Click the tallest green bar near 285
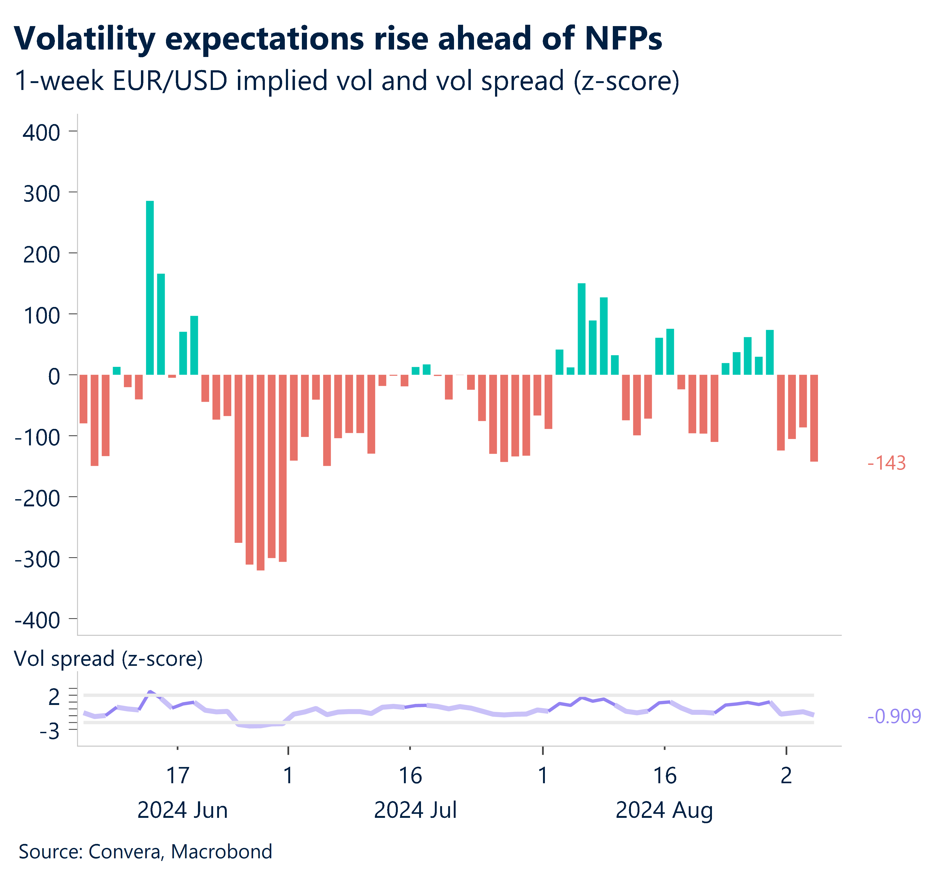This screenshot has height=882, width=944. (149, 288)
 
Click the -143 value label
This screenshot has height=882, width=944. (886, 463)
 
